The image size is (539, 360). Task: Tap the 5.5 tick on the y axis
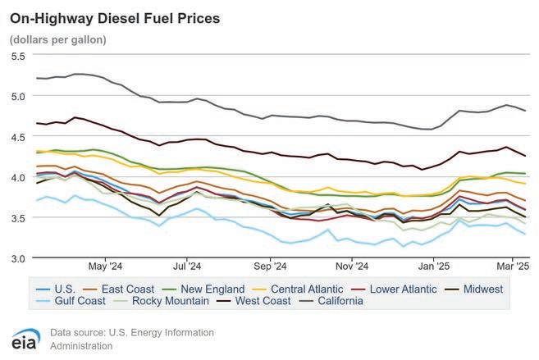18,56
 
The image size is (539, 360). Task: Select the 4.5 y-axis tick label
18,137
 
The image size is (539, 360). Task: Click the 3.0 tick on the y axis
18,258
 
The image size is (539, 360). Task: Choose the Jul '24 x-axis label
188,266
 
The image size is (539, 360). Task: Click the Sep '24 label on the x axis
270,266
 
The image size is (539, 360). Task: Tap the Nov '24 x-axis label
351,266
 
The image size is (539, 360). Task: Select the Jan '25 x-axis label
433,266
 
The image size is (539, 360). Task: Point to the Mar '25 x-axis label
513,266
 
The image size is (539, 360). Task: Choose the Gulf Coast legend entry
72,301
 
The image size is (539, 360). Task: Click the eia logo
27,339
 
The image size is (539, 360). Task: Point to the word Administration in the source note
81,345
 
